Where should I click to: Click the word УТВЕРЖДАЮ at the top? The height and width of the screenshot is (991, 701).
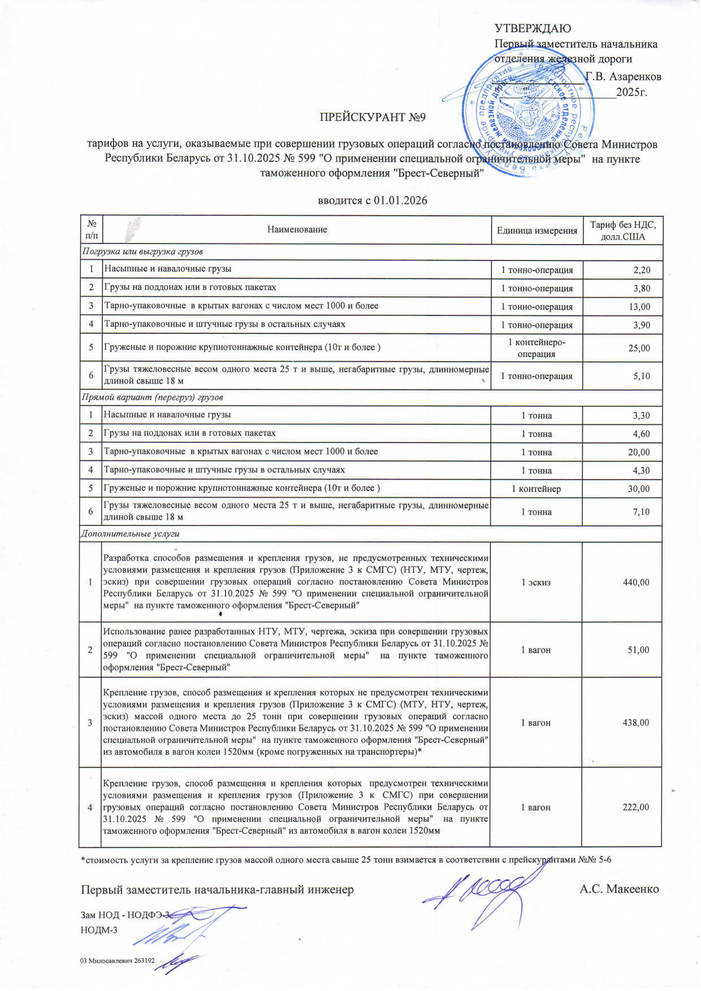point(533,29)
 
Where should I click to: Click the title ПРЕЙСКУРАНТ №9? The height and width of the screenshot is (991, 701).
point(372,118)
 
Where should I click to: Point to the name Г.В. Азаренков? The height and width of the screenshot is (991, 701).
point(623,77)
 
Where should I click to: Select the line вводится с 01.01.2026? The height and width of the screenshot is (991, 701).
point(372,201)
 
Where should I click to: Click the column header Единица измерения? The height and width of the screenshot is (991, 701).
point(536,230)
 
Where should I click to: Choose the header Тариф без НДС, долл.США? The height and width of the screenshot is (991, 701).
point(622,231)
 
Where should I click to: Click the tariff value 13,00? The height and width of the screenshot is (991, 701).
point(639,307)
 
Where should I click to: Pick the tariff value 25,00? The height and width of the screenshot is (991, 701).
point(639,348)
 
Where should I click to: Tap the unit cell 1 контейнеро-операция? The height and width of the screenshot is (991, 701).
point(536,348)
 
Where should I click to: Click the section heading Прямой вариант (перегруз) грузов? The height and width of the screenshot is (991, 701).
point(152,397)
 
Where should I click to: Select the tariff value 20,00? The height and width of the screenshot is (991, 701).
point(639,452)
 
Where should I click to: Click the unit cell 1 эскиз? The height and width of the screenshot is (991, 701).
point(535,582)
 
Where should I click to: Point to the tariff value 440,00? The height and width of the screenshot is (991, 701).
point(636,582)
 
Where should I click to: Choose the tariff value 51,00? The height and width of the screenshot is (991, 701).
point(638,650)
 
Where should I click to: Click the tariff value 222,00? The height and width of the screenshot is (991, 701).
point(636,807)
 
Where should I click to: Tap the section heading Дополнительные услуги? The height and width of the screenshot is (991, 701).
point(130,533)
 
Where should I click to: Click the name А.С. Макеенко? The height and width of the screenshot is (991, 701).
point(619,889)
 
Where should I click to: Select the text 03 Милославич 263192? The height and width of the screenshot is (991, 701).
point(118,960)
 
